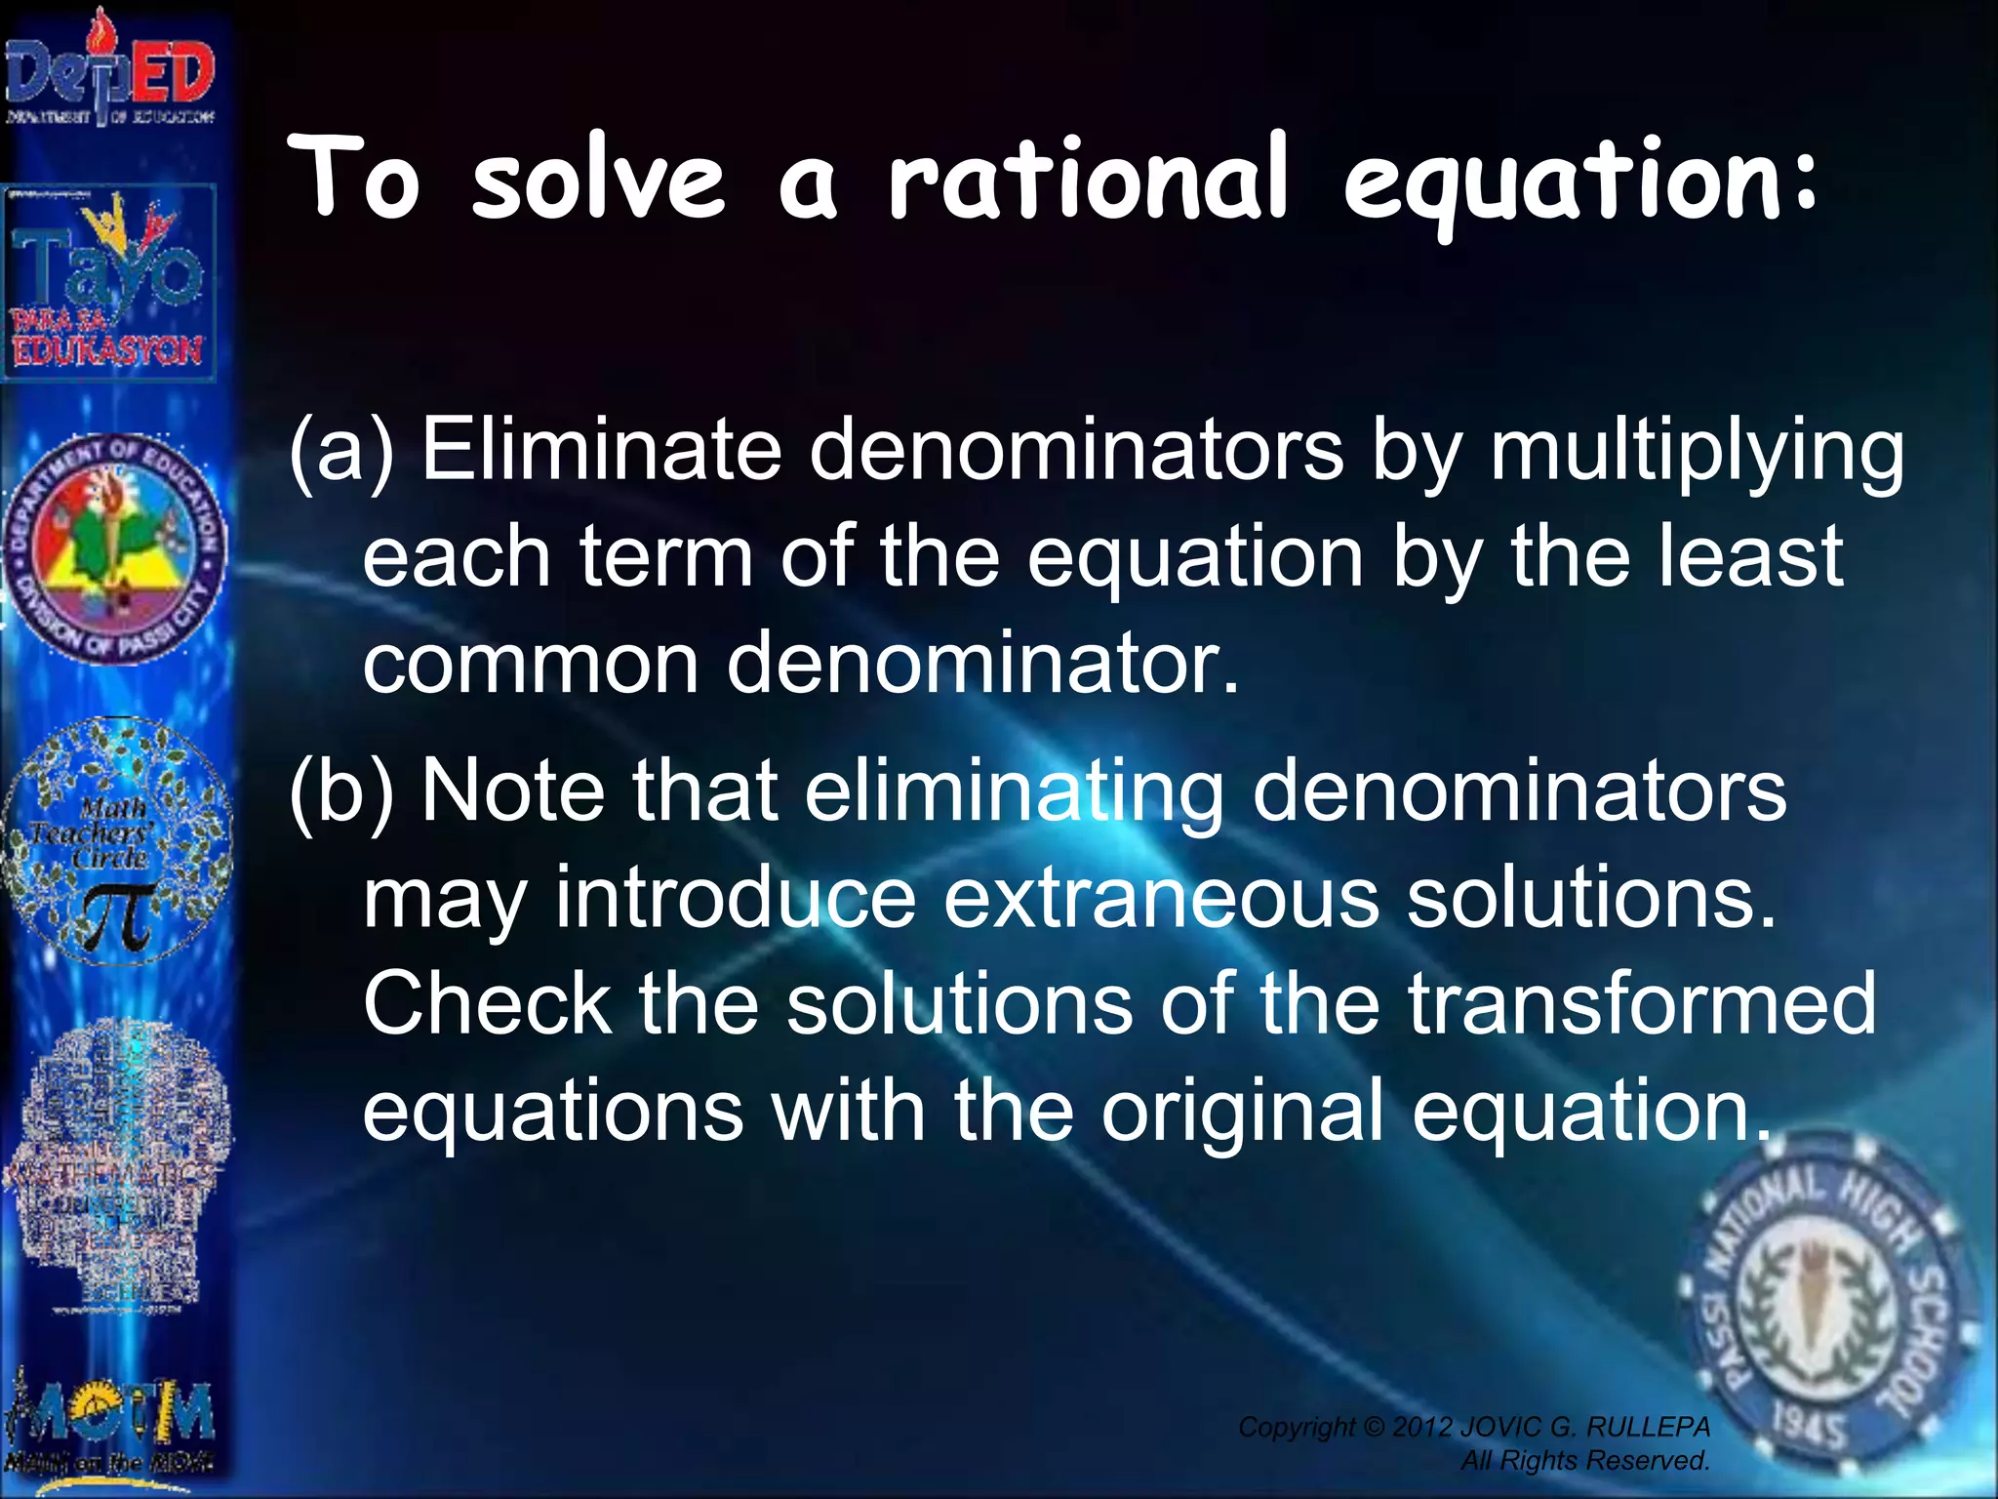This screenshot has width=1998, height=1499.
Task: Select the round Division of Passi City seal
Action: pos(115,548)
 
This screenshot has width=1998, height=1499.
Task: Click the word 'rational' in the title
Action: pos(1088,181)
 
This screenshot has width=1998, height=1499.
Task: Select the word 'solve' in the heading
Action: pos(598,181)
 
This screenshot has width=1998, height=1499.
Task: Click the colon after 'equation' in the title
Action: pos(1805,181)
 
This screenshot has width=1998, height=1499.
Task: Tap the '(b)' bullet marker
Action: pos(341,790)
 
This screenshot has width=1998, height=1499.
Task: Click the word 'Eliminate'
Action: pos(601,449)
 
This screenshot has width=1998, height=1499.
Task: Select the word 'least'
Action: pos(1746,556)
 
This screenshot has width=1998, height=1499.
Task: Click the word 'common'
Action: pos(530,664)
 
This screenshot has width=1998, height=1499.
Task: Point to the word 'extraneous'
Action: pos(1161,898)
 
